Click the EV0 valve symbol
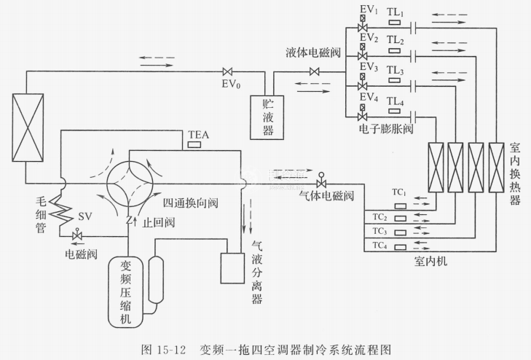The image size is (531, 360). pyautogui.click(x=227, y=71)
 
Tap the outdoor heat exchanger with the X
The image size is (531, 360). pyautogui.click(x=28, y=126)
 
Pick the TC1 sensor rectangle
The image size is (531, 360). pyautogui.click(x=398, y=203)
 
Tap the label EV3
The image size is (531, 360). pyautogui.click(x=369, y=69)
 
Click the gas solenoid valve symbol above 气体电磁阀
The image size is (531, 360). pyautogui.click(x=321, y=183)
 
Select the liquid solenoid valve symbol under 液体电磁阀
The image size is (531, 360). pyautogui.click(x=315, y=71)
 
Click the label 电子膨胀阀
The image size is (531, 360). pyautogui.click(x=387, y=128)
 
